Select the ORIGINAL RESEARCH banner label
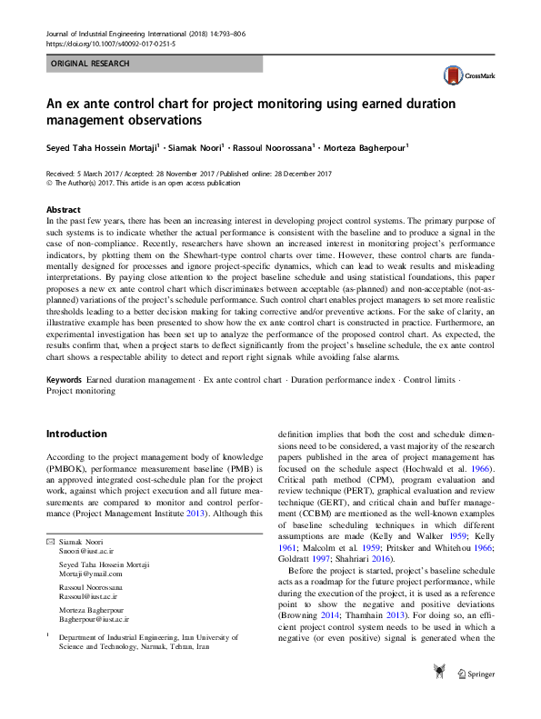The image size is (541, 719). tap(90, 64)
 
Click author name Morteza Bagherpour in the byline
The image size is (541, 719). tap(366, 147)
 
